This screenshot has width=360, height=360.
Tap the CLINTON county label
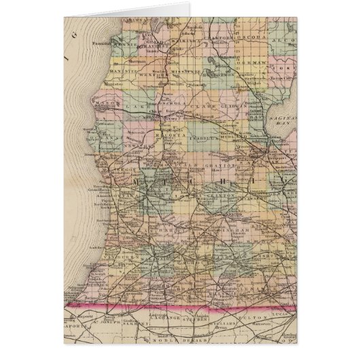click(225, 196)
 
